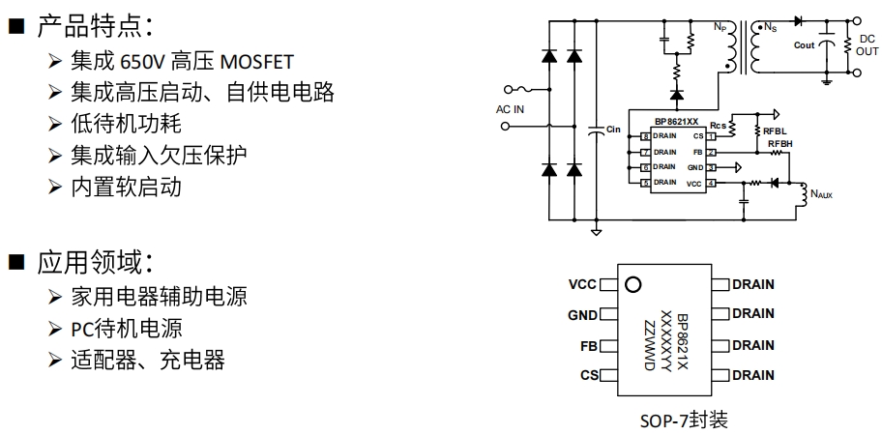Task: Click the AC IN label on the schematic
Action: click(x=511, y=109)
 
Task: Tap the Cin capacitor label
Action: click(x=613, y=129)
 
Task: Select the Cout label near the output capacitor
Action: click(x=804, y=45)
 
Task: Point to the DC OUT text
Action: click(x=867, y=45)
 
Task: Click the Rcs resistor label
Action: click(x=718, y=126)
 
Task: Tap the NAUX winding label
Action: click(x=821, y=194)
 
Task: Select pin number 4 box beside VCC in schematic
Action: click(x=711, y=183)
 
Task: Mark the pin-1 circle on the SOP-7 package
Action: click(x=633, y=285)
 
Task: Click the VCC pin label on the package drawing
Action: click(x=583, y=284)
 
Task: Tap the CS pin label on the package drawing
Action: click(x=589, y=375)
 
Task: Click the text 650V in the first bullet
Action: click(x=142, y=63)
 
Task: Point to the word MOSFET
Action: click(x=257, y=63)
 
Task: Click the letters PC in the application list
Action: click(x=82, y=329)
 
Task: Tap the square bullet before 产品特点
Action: click(x=15, y=26)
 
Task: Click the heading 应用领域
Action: click(x=92, y=261)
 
